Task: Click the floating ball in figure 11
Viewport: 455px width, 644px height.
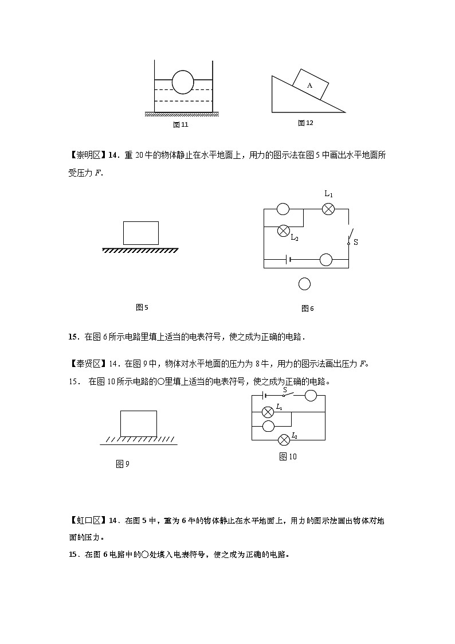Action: (x=183, y=82)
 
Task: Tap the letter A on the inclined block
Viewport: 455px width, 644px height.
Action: (x=309, y=85)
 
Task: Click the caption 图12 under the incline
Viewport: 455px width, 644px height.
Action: (x=305, y=123)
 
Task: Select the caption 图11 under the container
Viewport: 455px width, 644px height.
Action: (x=181, y=124)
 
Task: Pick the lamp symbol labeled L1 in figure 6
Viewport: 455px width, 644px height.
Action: (x=328, y=209)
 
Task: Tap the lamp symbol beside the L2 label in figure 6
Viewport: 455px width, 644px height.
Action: (x=283, y=231)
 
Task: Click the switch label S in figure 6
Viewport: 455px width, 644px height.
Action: (x=355, y=243)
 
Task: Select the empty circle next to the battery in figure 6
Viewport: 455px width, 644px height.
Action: (x=325, y=260)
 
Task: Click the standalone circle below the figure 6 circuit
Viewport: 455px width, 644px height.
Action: (x=305, y=284)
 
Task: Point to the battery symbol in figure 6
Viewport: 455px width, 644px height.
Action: (x=288, y=259)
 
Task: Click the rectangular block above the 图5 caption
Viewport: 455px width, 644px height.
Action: (x=141, y=233)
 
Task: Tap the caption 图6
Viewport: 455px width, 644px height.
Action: (x=308, y=309)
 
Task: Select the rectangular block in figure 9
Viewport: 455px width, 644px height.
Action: (x=138, y=423)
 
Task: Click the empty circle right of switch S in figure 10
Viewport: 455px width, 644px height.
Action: (x=311, y=395)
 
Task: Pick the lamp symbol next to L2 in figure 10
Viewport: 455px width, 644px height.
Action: (x=283, y=440)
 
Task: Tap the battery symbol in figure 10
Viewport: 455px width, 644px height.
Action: (x=264, y=395)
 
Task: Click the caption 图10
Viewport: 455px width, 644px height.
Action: (x=288, y=456)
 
